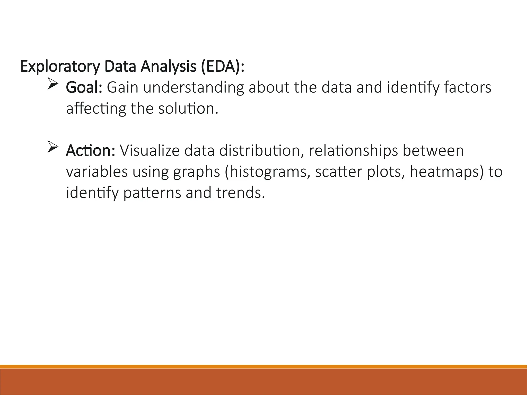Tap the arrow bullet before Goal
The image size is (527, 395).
point(53,85)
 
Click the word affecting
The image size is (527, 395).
point(96,109)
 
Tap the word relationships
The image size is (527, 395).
point(353,151)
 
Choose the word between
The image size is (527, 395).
point(433,151)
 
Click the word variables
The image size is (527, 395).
point(97,172)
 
